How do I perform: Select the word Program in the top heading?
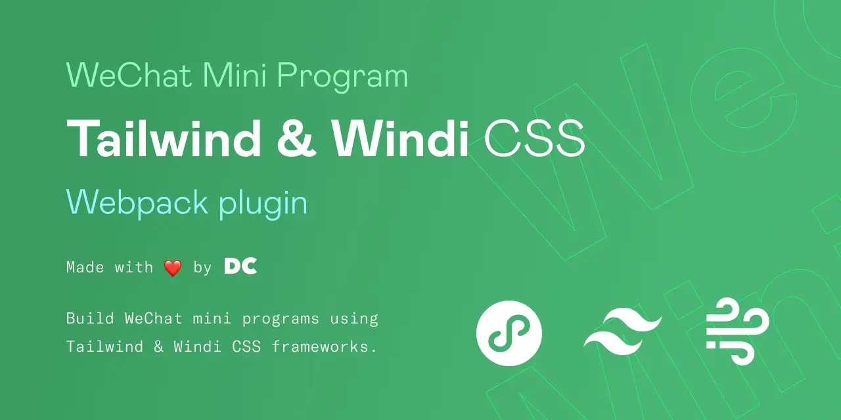[x=342, y=77]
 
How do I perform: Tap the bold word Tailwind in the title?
[x=164, y=138]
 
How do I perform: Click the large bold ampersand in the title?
[x=296, y=138]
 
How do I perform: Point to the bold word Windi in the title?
[x=400, y=138]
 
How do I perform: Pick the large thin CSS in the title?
[x=535, y=138]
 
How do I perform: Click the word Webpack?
[x=137, y=203]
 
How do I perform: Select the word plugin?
[x=263, y=204]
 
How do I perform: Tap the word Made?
[x=85, y=267]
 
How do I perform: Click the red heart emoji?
[x=173, y=268]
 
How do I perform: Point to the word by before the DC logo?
[x=203, y=268]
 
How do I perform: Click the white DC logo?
[x=240, y=266]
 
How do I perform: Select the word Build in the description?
[x=90, y=318]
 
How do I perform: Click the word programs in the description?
[x=281, y=320]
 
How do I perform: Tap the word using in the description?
[x=354, y=320]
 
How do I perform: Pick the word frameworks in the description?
[x=320, y=346]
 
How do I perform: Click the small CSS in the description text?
[x=246, y=347]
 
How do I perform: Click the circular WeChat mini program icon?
[x=509, y=333]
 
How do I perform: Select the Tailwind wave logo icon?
[x=623, y=331]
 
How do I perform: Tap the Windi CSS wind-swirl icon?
[x=737, y=331]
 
